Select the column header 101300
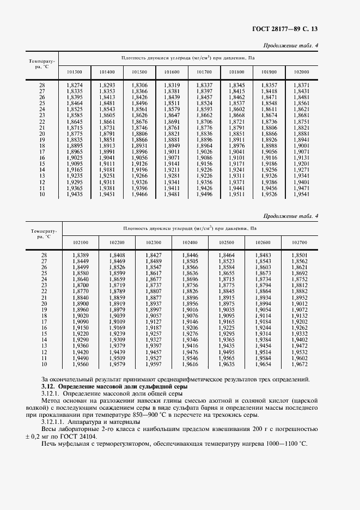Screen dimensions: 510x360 tap(75, 72)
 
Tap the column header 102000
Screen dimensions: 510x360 tap(301, 72)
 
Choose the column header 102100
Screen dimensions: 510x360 tap(81, 242)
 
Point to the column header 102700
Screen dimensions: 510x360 tap(300, 242)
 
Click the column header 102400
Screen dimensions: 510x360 tap(190, 242)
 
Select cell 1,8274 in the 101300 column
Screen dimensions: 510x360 tap(75, 86)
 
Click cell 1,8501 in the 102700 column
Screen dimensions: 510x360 tap(300, 255)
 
